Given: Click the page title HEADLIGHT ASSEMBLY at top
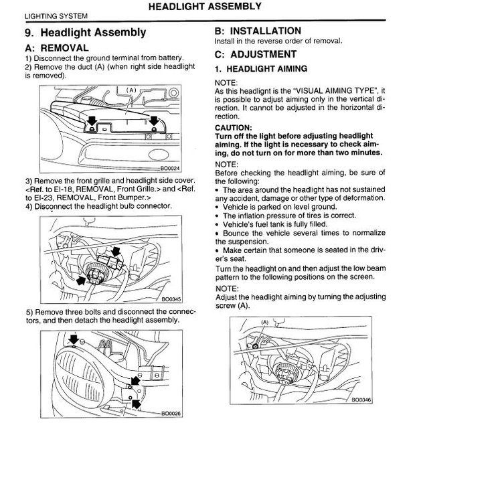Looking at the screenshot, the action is [205, 7].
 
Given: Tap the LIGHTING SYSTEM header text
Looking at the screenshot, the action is [56, 16].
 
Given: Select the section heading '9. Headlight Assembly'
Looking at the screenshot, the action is [86, 32].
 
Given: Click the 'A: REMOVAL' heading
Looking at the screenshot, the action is [57, 48].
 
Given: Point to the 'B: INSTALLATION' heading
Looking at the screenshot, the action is [258, 31].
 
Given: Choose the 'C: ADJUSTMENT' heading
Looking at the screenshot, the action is [256, 54].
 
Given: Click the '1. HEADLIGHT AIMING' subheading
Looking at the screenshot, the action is [261, 69].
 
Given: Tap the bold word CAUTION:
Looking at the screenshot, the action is [234, 127].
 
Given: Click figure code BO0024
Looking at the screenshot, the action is [170, 169].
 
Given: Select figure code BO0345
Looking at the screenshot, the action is [171, 299].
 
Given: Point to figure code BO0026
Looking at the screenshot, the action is [171, 414].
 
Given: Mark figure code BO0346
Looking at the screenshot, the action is [361, 400].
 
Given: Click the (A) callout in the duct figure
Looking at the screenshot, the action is [131, 90].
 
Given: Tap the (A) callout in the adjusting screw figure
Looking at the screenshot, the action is [265, 322].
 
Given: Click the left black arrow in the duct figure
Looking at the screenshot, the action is [92, 120].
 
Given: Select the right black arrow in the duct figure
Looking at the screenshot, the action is [154, 120].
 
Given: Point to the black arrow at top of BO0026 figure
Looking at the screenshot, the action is [74, 339].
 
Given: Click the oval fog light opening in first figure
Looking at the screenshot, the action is [159, 155].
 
